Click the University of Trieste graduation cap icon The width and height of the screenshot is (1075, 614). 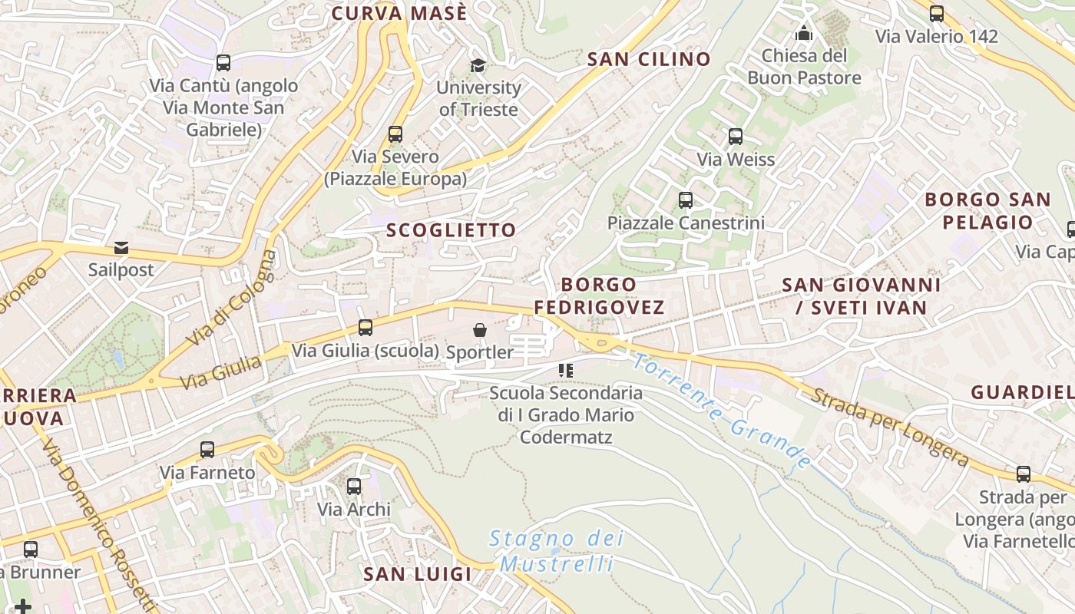tap(478, 65)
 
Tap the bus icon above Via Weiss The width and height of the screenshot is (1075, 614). tap(735, 137)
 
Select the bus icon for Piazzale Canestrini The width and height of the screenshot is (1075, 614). tap(686, 200)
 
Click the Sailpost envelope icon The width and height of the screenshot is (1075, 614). tap(121, 248)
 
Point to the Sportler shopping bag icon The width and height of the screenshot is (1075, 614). tap(480, 330)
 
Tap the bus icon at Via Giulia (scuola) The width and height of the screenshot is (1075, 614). tap(365, 328)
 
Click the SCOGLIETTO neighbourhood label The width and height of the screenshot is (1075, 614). tap(451, 230)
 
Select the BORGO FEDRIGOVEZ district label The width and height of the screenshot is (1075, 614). tap(599, 296)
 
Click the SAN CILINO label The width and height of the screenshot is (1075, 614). tap(649, 59)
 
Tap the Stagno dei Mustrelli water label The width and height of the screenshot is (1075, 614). tap(557, 551)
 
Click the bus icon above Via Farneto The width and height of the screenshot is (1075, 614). tap(207, 450)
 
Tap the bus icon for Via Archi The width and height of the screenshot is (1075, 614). tap(354, 486)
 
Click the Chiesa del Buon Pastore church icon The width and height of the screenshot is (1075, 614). tap(804, 33)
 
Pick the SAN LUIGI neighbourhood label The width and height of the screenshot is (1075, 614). tap(417, 574)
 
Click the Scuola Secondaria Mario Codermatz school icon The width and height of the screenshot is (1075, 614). tap(566, 371)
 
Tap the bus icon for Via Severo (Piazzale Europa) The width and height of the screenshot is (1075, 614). tap(395, 134)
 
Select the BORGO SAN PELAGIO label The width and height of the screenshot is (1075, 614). tap(987, 211)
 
